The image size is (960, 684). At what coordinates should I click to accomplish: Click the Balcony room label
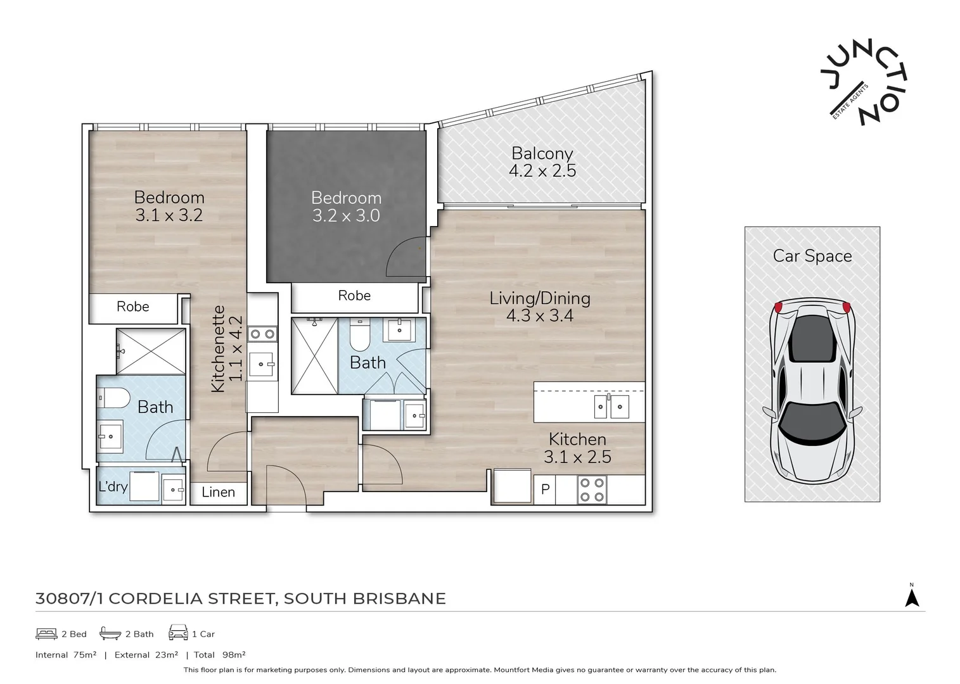pos(542,153)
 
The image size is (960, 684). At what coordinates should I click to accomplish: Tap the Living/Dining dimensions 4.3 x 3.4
pos(539,315)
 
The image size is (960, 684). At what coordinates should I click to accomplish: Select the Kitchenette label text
pos(218,349)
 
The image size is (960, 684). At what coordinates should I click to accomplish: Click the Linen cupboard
pos(218,492)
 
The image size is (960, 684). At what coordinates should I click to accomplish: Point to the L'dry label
pos(113,486)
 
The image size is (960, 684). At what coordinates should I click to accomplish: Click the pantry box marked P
pos(545,490)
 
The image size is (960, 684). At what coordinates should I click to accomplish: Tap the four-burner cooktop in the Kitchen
pos(592,490)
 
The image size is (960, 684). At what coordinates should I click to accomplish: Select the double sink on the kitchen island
pos(611,406)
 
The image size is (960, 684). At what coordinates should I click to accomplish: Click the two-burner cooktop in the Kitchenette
pos(262,334)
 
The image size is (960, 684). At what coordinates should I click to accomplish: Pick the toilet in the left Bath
pos(115,398)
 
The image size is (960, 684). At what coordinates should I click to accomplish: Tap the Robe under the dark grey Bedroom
pos(354,296)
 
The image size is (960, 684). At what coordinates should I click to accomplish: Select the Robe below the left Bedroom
pos(133,307)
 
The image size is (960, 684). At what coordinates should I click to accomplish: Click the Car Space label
pos(812,256)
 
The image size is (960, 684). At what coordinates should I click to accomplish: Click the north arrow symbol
pos(911,597)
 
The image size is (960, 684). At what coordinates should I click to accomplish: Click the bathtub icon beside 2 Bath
pos(110,633)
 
